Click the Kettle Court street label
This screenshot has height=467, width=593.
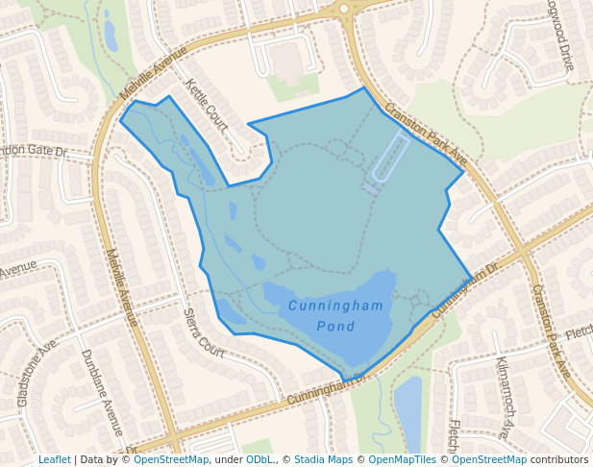[x=207, y=106]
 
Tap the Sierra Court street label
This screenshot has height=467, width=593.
[x=204, y=332]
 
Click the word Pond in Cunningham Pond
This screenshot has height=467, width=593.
[x=335, y=327]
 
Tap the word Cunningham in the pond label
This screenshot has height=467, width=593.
[x=335, y=307]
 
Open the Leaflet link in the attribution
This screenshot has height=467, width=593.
[x=54, y=459]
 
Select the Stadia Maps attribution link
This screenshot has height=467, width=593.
[x=323, y=459]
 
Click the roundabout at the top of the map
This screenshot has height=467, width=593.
[x=344, y=9]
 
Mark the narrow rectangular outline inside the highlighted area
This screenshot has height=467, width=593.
[x=390, y=158]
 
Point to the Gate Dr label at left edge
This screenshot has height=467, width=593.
[x=34, y=152]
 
